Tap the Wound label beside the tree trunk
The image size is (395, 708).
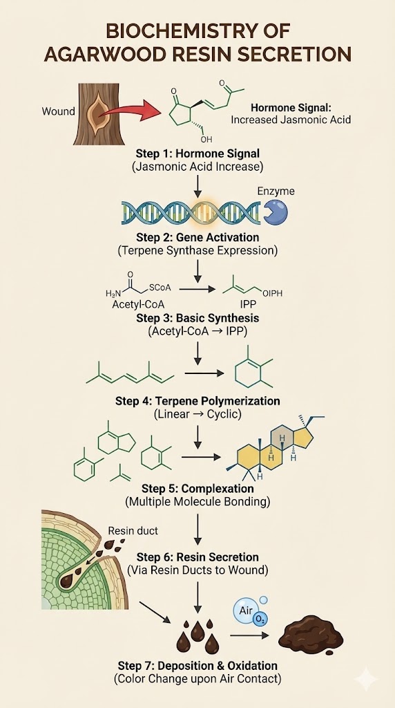point(59,111)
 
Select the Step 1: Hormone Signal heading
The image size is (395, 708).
point(197,153)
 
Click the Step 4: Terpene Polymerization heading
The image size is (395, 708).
point(197,401)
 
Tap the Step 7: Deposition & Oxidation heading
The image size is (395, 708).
point(197,665)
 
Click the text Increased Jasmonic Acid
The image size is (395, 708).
point(291,120)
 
